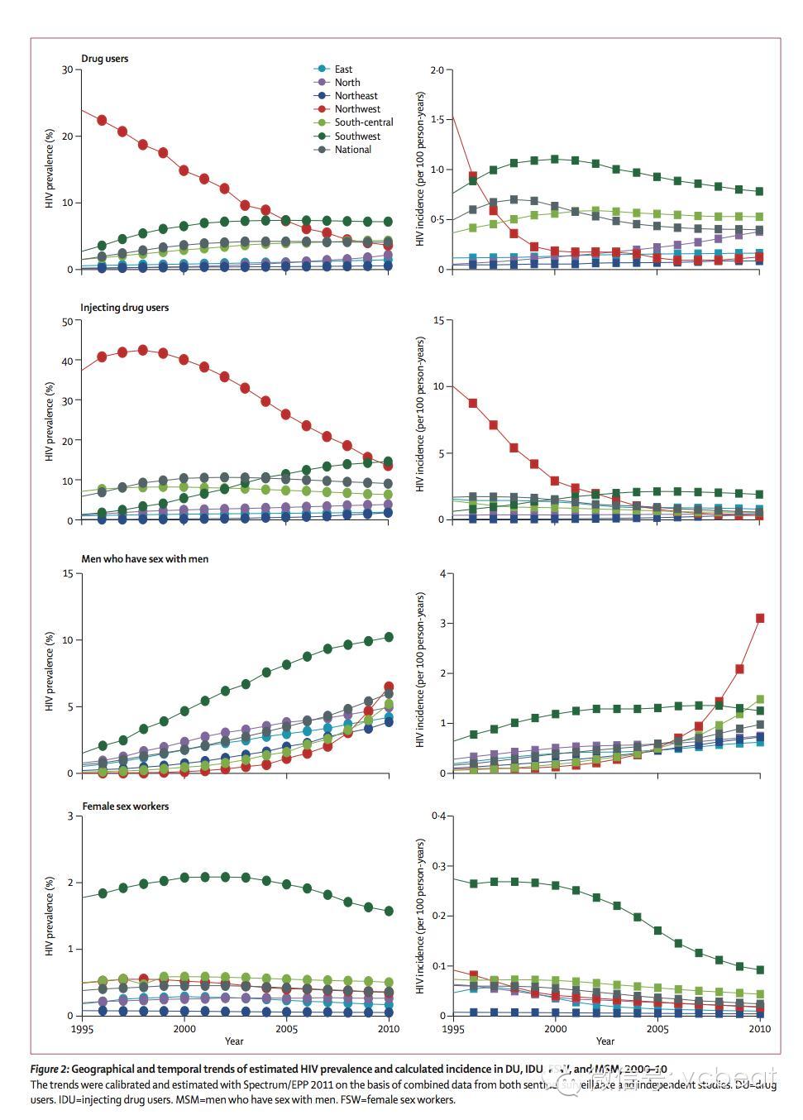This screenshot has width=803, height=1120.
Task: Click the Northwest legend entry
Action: pos(357,109)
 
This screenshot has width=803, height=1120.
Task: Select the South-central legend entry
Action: pos(363,122)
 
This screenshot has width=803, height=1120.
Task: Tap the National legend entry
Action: pos(352,150)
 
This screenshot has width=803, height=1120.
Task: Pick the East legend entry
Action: pos(343,69)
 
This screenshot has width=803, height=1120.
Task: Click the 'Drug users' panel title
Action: pos(104,59)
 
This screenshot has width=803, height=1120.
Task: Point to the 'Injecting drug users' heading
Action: pos(124,308)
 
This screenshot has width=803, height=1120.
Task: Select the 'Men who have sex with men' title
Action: pos(145,559)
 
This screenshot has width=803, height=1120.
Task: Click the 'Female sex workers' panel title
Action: pos(125,806)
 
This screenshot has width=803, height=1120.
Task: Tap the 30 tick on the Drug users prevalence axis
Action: pos(67,69)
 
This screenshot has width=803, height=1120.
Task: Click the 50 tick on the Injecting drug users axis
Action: pos(67,321)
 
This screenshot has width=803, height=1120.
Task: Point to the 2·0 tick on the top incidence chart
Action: pos(437,70)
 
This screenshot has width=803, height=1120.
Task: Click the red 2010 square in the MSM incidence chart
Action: pos(760,618)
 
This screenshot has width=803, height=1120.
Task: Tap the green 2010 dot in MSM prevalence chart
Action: pos(389,637)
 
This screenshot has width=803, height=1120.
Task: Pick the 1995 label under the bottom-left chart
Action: pos(82,1029)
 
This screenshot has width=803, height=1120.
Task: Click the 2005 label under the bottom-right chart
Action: pos(657,1029)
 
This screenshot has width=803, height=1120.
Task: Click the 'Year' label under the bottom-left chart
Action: pos(234,1041)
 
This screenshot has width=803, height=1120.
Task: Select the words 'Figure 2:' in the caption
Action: pos(55,1070)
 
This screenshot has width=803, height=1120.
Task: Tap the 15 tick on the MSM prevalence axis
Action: pos(67,573)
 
